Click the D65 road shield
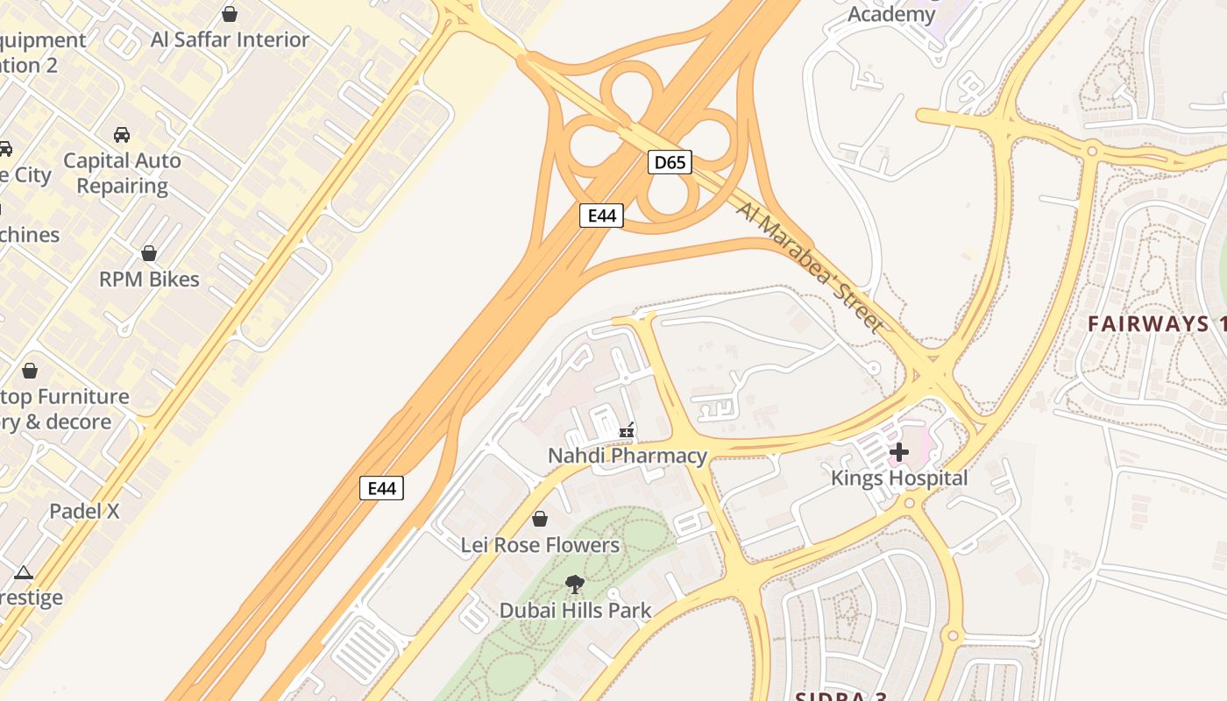click(670, 162)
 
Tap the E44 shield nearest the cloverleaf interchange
click(601, 216)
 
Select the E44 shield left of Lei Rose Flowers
click(382, 488)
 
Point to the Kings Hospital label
click(899, 478)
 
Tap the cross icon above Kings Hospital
click(899, 452)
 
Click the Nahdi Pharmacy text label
click(627, 456)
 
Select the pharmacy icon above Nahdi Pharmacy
click(627, 430)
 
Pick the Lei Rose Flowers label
click(540, 545)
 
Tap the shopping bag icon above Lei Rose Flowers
click(540, 519)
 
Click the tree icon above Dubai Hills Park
click(575, 584)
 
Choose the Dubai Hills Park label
click(575, 611)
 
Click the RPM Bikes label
click(149, 280)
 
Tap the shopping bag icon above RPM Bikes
click(149, 253)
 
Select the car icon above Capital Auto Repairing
click(122, 135)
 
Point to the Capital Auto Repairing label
click(122, 173)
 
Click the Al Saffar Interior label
click(230, 39)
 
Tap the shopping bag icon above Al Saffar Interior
click(230, 14)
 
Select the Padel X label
click(84, 511)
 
